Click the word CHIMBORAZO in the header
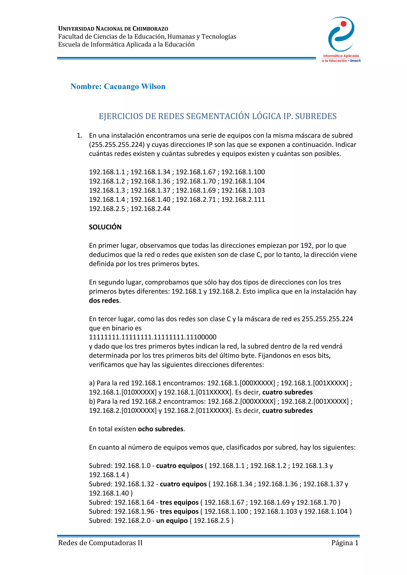[150, 29]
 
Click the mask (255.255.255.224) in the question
[116, 145]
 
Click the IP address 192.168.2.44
[150, 209]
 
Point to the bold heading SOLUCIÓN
[105, 227]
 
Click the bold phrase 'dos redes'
[104, 301]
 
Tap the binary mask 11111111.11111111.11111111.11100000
[152, 337]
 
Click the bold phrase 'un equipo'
[172, 521]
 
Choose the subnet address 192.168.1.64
[134, 502]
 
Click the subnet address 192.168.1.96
[134, 511]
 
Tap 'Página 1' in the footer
[345, 543]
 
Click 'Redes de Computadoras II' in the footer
[100, 543]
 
